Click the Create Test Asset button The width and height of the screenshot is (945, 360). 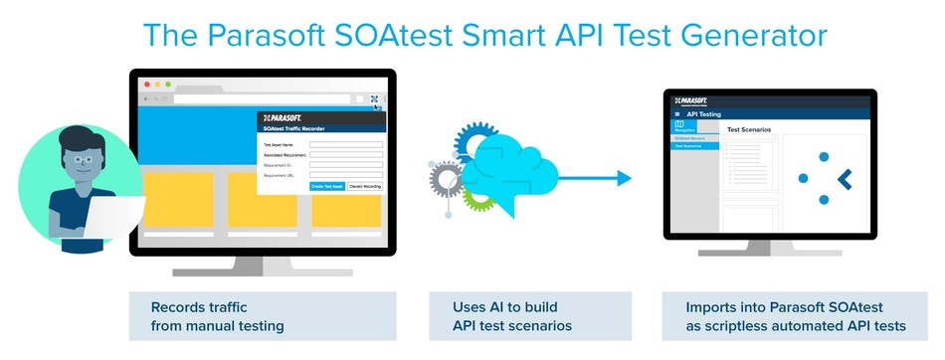327,186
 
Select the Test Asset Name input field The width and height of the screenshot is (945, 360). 345,144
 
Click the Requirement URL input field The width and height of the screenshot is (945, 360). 345,175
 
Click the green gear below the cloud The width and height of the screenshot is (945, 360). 479,197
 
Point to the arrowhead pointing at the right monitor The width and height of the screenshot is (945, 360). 623,178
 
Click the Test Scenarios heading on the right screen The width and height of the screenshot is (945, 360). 752,129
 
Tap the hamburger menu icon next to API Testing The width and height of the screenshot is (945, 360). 677,114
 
